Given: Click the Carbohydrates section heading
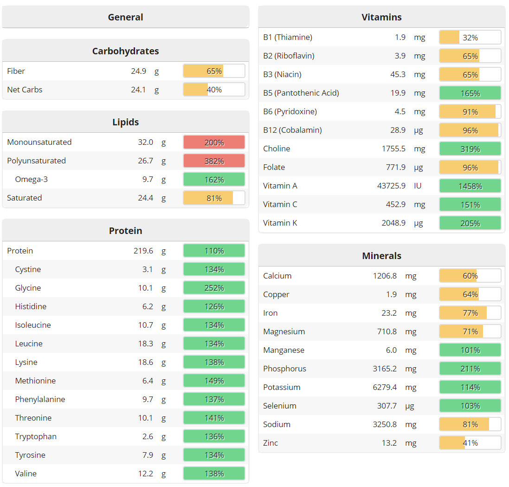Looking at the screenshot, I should point(125,51).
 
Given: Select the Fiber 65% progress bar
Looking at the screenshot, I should point(214,71).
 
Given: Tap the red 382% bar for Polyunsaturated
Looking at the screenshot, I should point(214,161).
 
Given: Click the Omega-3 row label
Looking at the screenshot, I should point(31,179).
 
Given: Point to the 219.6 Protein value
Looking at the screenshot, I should point(143,251).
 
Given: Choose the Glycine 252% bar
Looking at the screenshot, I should point(214,288).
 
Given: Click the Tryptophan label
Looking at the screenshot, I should point(36,436).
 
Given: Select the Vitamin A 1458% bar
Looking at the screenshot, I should point(470,186).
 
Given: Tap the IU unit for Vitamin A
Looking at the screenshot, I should point(419,186).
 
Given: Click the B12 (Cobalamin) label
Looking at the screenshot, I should point(292,130).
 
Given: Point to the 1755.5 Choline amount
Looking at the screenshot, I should point(393,149).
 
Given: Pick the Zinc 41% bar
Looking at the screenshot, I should point(470,443).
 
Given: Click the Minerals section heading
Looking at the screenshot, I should point(381,256).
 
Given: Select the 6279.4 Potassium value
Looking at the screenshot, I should point(385,387).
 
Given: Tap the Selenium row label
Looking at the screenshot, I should point(279,406).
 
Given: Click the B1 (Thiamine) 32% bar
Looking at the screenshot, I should point(470,38).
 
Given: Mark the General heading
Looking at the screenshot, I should point(125,17).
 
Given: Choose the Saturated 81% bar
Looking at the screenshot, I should point(214,198).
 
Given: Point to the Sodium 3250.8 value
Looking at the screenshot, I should point(385,424).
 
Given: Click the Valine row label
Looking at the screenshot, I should point(26,474).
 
